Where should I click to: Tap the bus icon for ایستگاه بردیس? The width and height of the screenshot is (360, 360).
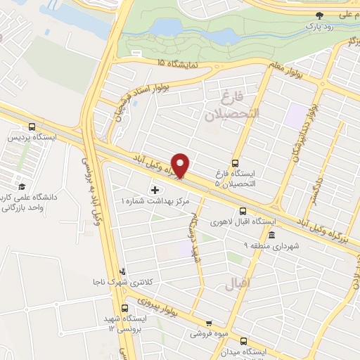point(32,127)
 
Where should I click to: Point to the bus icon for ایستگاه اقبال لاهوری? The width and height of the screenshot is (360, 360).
point(243,210)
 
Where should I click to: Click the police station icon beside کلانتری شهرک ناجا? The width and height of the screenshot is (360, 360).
point(124,271)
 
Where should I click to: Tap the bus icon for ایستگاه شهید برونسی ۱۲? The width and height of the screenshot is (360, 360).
point(125,309)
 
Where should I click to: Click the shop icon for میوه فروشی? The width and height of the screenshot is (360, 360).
point(208,320)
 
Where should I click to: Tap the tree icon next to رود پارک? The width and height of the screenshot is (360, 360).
point(320,15)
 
